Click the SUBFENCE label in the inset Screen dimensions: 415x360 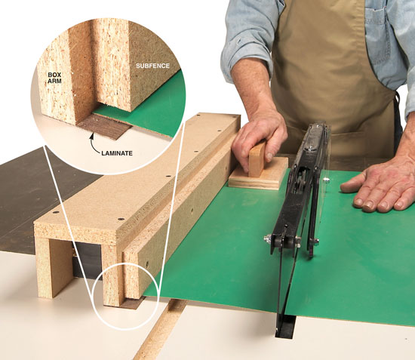[152, 66]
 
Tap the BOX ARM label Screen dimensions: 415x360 [54, 78]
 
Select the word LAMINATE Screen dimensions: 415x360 [117, 153]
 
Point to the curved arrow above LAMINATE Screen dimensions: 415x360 [94, 143]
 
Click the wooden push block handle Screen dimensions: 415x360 [257, 159]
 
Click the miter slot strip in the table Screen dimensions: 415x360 [161, 330]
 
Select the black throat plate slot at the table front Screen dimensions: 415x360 [285, 326]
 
